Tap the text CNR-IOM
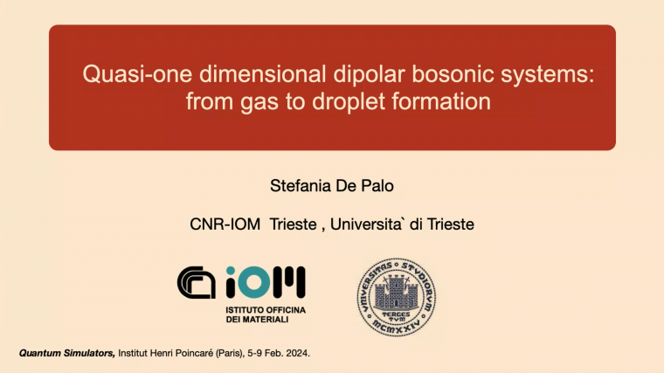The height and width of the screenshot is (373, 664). click(x=225, y=224)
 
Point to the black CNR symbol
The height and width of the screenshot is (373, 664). click(x=198, y=282)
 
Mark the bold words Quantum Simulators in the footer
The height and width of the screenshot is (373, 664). click(x=66, y=353)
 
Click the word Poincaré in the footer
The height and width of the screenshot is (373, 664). click(x=204, y=353)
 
